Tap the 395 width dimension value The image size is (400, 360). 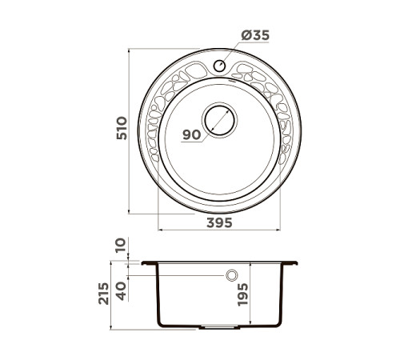(x=216, y=223)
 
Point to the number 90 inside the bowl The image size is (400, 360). (x=191, y=135)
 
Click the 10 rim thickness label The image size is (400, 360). (x=120, y=245)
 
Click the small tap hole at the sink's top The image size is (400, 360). (x=218, y=66)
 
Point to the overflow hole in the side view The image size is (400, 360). (x=233, y=275)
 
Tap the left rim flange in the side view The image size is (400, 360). (x=150, y=263)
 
